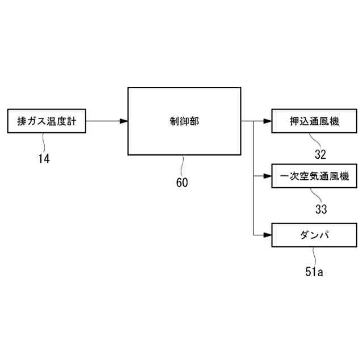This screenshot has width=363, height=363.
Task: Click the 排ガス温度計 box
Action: pyautogui.click(x=46, y=121)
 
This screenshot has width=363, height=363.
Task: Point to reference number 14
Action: pyautogui.click(x=44, y=159)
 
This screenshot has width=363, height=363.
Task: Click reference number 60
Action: pyautogui.click(x=181, y=183)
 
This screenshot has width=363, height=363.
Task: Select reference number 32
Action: pyautogui.click(x=320, y=154)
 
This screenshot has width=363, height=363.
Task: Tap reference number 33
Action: pyautogui.click(x=321, y=209)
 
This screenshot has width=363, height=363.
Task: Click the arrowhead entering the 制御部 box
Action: pyautogui.click(x=124, y=121)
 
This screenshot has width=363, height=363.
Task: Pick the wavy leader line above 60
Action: pyautogui.click(x=182, y=165)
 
